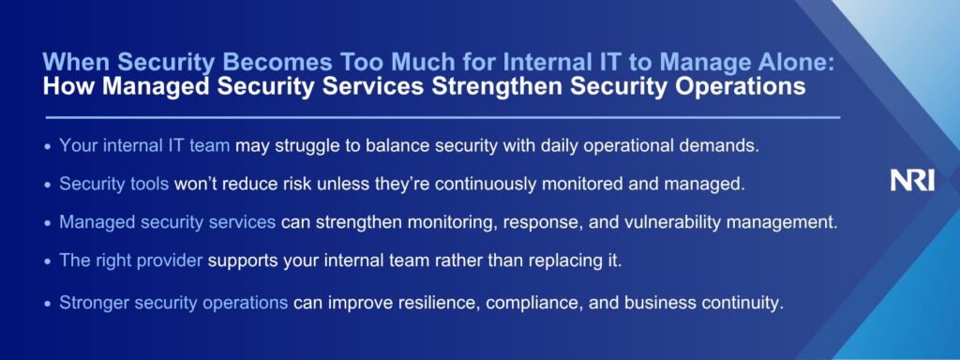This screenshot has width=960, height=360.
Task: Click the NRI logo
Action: tap(912, 181)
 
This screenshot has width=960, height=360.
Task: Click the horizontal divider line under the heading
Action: tap(442, 117)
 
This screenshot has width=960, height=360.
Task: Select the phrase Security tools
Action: tap(113, 185)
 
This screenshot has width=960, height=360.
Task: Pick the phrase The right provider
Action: tap(130, 261)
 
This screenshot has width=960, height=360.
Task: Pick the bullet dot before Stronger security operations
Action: tap(49, 303)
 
